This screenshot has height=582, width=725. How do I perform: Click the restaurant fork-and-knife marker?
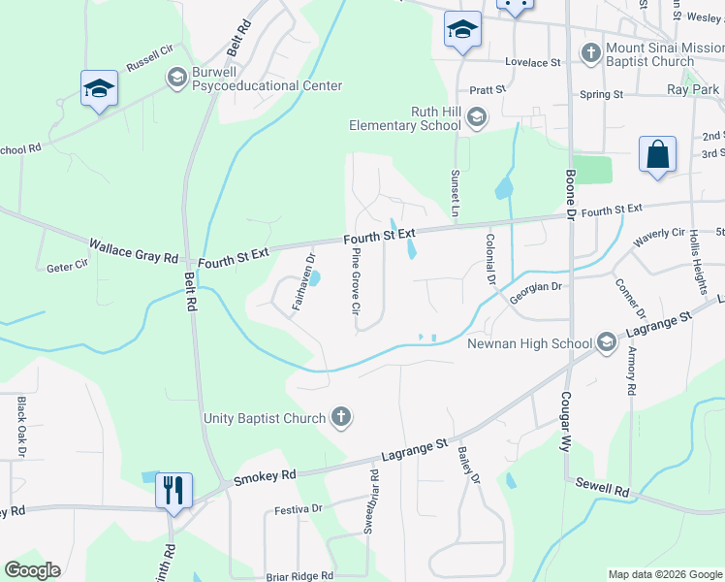pos(173,489)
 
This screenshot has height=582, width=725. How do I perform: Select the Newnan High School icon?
pos(607,342)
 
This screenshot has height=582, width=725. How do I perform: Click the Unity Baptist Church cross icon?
pos(340,419)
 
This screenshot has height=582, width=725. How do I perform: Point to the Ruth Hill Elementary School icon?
pos(476,118)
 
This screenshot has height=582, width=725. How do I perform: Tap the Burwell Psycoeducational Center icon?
pos(176,77)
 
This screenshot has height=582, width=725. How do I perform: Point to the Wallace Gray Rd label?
pos(134,251)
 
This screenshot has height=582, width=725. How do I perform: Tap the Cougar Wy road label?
pos(565,424)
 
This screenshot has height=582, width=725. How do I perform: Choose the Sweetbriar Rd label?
pos(369,501)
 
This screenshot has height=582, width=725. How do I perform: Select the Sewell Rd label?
pos(602,487)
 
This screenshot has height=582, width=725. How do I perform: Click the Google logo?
pos(33,570)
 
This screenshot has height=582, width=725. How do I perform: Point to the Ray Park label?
pos(693,89)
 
